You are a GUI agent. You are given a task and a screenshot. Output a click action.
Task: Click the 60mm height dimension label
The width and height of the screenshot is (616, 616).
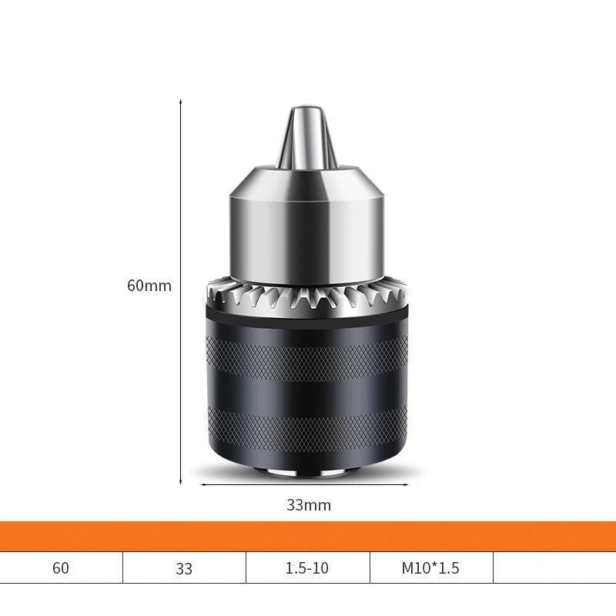[149, 286]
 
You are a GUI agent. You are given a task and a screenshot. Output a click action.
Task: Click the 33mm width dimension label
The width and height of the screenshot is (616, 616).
[309, 505]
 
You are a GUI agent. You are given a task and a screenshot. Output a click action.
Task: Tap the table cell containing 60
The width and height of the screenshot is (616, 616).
[61, 569]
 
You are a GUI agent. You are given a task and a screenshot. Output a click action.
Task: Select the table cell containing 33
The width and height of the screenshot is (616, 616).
[184, 569]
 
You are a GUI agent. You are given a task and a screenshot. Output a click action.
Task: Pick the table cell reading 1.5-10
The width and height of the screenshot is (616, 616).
[306, 569]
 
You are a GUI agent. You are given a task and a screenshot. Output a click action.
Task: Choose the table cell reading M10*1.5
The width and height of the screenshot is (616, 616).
[430, 569]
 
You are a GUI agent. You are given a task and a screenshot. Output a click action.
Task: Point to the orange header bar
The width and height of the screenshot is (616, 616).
[308, 536]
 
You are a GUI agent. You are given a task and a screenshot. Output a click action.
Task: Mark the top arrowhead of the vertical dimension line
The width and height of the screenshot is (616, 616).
[181, 101]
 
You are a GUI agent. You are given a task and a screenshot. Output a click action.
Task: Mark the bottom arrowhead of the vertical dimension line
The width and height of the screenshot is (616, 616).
[181, 481]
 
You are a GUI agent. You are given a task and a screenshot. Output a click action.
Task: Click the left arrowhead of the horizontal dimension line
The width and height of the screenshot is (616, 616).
[203, 485]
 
